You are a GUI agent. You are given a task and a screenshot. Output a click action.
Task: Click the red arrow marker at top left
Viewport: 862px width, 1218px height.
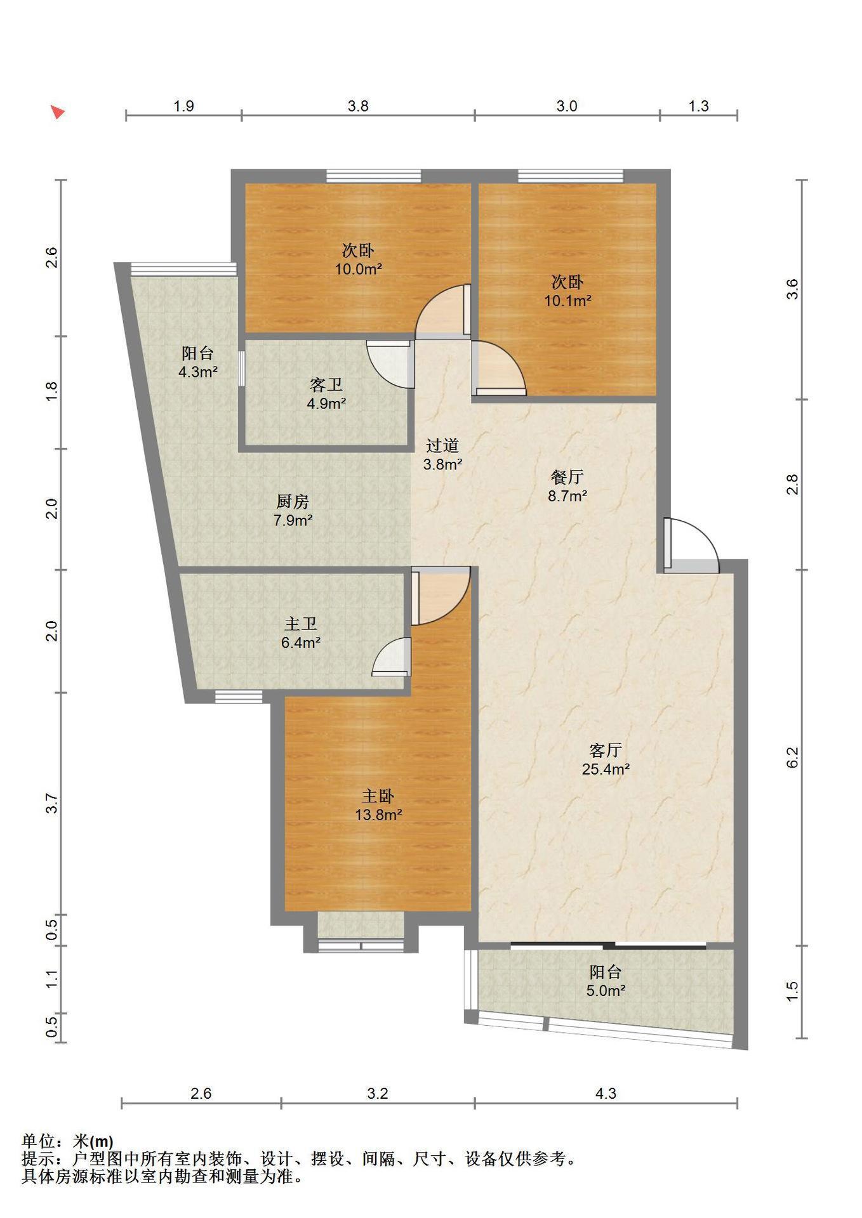(58, 113)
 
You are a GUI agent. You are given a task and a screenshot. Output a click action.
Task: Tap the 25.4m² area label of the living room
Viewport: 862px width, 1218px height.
(606, 769)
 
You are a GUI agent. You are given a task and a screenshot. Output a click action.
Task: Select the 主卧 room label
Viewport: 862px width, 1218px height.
(378, 796)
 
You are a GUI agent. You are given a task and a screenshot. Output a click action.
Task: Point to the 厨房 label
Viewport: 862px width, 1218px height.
(293, 502)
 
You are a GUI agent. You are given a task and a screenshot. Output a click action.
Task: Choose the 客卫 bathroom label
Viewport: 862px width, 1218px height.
(326, 384)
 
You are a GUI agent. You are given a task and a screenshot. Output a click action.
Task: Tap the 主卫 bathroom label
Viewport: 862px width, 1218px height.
(300, 624)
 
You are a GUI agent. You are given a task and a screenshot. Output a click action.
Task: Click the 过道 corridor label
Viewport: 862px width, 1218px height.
(442, 445)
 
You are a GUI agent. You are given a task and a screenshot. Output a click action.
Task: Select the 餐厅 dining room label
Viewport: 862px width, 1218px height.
(567, 477)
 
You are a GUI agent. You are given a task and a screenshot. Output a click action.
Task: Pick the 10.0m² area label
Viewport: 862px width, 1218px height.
(359, 269)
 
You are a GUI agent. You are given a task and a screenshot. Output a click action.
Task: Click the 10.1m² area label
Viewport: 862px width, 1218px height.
(567, 301)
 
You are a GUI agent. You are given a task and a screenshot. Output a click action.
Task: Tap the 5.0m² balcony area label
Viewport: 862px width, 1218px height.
(606, 990)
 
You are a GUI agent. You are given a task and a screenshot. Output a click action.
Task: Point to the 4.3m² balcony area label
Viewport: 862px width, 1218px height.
(198, 372)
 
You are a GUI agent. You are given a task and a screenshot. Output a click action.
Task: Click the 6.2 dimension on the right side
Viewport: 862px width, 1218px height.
(792, 757)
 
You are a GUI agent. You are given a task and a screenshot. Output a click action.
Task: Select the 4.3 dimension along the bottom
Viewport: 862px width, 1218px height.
(606, 1093)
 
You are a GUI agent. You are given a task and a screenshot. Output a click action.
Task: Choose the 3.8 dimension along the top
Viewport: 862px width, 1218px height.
(358, 106)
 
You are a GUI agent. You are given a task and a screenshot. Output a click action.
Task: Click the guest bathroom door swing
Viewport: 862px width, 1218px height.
(390, 365)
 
